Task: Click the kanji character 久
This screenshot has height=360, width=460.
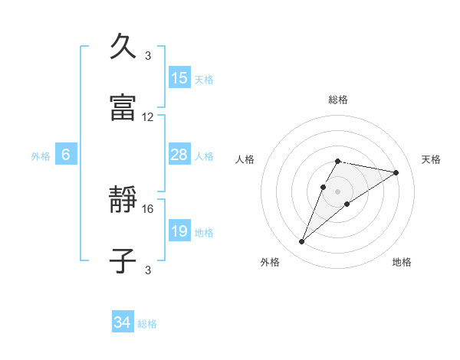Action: (x=125, y=47)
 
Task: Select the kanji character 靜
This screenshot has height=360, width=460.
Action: (x=125, y=201)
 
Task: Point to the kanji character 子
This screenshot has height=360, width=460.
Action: (x=125, y=260)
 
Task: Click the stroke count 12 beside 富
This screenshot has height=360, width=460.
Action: (x=148, y=117)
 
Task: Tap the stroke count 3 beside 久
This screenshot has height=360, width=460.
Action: (x=148, y=56)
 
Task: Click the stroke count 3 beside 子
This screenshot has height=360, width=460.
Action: (x=148, y=270)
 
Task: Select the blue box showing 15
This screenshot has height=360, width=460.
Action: (x=179, y=78)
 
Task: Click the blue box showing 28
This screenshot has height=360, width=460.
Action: (x=179, y=155)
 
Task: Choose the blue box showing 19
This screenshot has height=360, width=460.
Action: (x=179, y=231)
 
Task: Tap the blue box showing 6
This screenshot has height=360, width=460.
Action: (x=66, y=155)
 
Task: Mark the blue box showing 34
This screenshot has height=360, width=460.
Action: (x=123, y=323)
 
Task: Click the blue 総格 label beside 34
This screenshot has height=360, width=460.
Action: (x=147, y=324)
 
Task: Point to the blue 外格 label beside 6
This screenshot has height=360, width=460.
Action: (x=41, y=155)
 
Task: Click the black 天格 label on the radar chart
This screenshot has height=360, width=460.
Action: (x=431, y=159)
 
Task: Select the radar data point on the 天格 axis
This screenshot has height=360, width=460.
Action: (x=396, y=172)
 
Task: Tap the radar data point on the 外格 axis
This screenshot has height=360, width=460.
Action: (x=302, y=242)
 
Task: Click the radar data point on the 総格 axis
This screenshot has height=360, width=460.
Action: (x=337, y=161)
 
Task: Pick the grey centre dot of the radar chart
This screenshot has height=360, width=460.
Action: (x=337, y=191)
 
